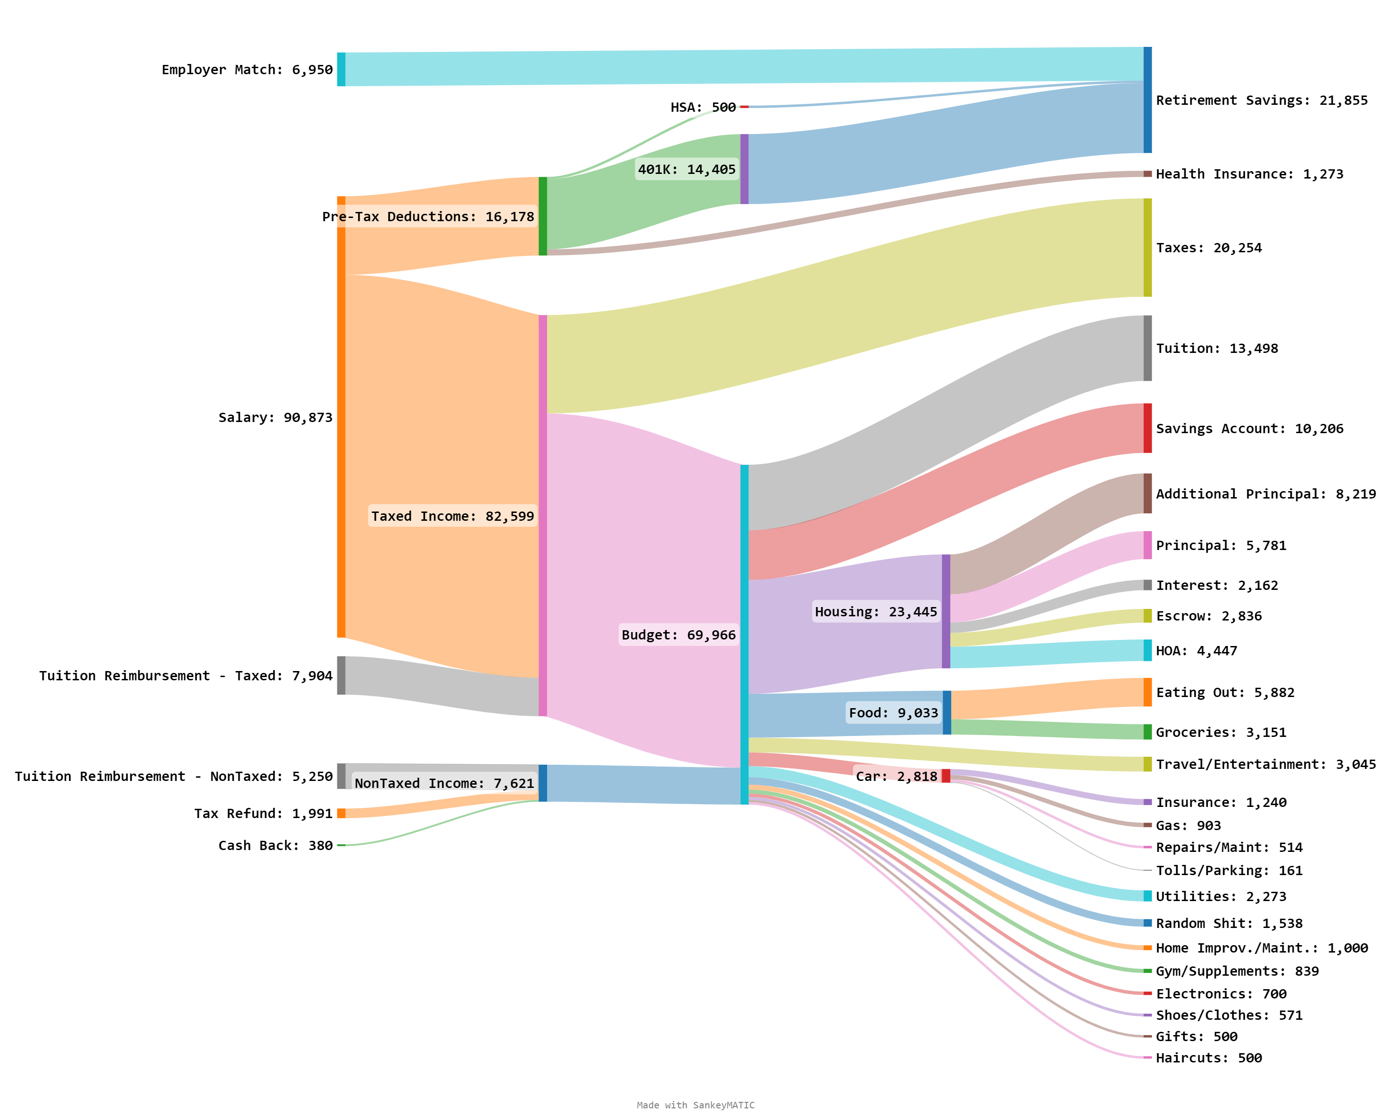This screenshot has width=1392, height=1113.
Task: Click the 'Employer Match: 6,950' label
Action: [x=247, y=70]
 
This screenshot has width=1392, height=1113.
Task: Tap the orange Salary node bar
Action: [x=341, y=417]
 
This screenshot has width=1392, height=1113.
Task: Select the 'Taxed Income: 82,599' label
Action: [x=452, y=516]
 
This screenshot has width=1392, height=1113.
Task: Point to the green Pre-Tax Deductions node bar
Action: [x=542, y=216]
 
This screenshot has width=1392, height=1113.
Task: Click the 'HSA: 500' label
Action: [x=702, y=107]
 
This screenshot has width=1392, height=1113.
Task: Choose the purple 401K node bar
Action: [x=744, y=169]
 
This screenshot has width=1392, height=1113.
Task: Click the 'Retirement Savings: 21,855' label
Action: [x=1261, y=100]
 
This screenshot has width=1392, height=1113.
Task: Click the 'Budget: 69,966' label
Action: [x=678, y=635]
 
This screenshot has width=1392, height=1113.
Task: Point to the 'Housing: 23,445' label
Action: [x=876, y=612]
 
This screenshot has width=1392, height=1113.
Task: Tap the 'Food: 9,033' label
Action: [x=893, y=713]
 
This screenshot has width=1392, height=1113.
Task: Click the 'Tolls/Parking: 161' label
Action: [x=1229, y=870]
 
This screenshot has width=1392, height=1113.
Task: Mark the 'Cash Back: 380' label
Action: [x=275, y=845]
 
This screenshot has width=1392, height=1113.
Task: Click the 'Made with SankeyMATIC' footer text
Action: [x=696, y=1105]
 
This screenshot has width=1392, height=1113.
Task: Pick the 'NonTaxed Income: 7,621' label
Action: [x=444, y=783]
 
